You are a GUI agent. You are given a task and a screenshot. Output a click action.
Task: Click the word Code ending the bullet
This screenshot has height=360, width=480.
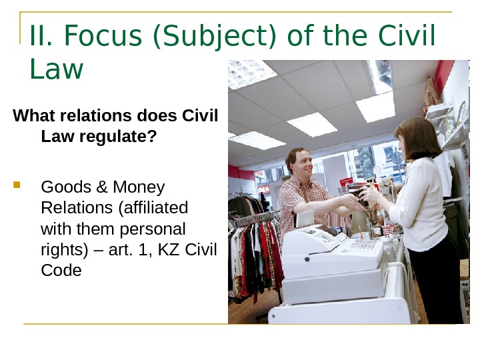(x=61, y=271)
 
